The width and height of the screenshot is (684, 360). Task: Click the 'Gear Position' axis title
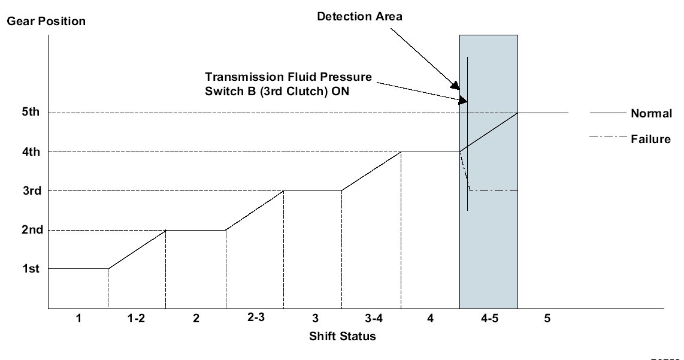pyautogui.click(x=46, y=22)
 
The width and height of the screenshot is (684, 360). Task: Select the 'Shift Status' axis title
pyautogui.click(x=343, y=337)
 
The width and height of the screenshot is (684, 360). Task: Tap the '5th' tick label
pyautogui.click(x=31, y=112)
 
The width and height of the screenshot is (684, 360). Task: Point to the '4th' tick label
pyautogui.click(x=31, y=152)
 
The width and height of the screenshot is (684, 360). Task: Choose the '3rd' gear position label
pyautogui.click(x=32, y=190)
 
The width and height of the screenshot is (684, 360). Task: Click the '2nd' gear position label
pyautogui.click(x=32, y=229)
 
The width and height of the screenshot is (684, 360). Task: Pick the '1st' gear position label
pyautogui.click(x=31, y=269)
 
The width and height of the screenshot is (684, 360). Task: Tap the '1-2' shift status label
pyautogui.click(x=136, y=319)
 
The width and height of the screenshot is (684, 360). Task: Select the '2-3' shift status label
pyautogui.click(x=256, y=317)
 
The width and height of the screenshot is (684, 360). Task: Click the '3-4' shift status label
pyautogui.click(x=374, y=319)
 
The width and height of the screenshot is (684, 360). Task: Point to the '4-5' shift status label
pyautogui.click(x=489, y=319)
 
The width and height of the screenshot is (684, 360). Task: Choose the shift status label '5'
pyautogui.click(x=547, y=319)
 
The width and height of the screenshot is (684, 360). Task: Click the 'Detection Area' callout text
pyautogui.click(x=359, y=17)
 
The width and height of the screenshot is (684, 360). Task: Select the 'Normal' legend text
pyautogui.click(x=651, y=113)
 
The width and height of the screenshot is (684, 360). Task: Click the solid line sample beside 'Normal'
pyautogui.click(x=608, y=113)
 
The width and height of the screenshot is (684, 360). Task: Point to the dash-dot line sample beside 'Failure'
pyautogui.click(x=608, y=137)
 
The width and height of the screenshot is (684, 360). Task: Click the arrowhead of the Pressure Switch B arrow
pyautogui.click(x=462, y=100)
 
